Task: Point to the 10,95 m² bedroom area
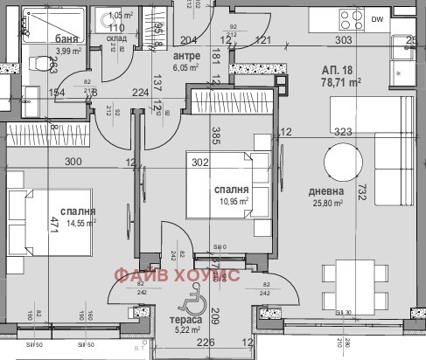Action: [232, 202]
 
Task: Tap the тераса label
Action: [185, 320]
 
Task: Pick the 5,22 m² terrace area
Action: [185, 331]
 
